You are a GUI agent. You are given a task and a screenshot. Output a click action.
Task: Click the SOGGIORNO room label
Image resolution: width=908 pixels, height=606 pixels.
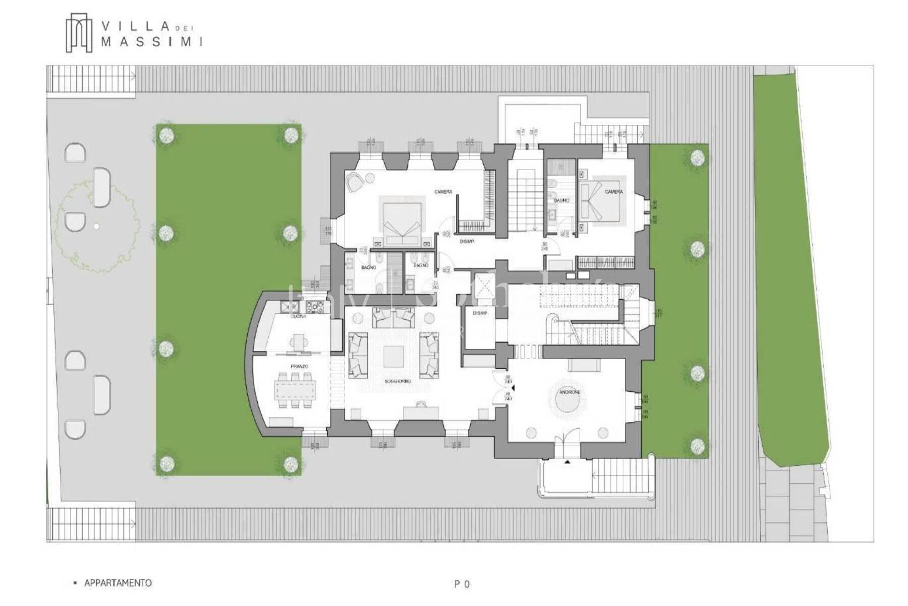[398, 381]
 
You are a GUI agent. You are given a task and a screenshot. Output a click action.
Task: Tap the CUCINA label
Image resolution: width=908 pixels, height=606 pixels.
[298, 317]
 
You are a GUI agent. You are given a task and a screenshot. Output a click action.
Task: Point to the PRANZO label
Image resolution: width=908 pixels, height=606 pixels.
[299, 366]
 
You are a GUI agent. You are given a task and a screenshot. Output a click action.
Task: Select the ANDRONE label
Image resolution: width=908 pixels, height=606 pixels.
[570, 392]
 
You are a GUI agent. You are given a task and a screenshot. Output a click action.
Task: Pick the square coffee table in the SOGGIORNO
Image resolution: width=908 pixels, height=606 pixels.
[394, 356]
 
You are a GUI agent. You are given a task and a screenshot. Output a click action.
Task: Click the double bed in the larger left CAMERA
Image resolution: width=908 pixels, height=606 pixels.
[402, 222]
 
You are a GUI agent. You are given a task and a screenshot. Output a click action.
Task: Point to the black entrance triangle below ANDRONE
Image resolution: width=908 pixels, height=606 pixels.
[567, 462]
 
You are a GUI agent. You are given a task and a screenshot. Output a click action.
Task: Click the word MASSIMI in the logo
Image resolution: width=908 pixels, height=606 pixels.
[152, 42]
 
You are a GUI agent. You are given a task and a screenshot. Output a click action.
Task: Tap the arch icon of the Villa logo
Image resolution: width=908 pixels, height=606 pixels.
[79, 33]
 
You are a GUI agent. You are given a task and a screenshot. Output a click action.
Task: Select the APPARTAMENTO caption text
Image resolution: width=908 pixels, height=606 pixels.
[118, 583]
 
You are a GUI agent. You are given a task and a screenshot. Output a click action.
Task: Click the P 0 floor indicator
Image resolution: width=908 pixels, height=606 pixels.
[462, 584]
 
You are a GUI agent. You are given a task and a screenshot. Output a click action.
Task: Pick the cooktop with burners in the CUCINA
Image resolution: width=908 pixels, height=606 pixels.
[317, 306]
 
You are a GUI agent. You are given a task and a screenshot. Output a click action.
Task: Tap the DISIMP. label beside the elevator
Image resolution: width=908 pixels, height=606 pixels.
[480, 313]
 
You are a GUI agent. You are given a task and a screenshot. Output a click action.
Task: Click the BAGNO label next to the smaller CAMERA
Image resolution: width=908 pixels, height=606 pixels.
[561, 200]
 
